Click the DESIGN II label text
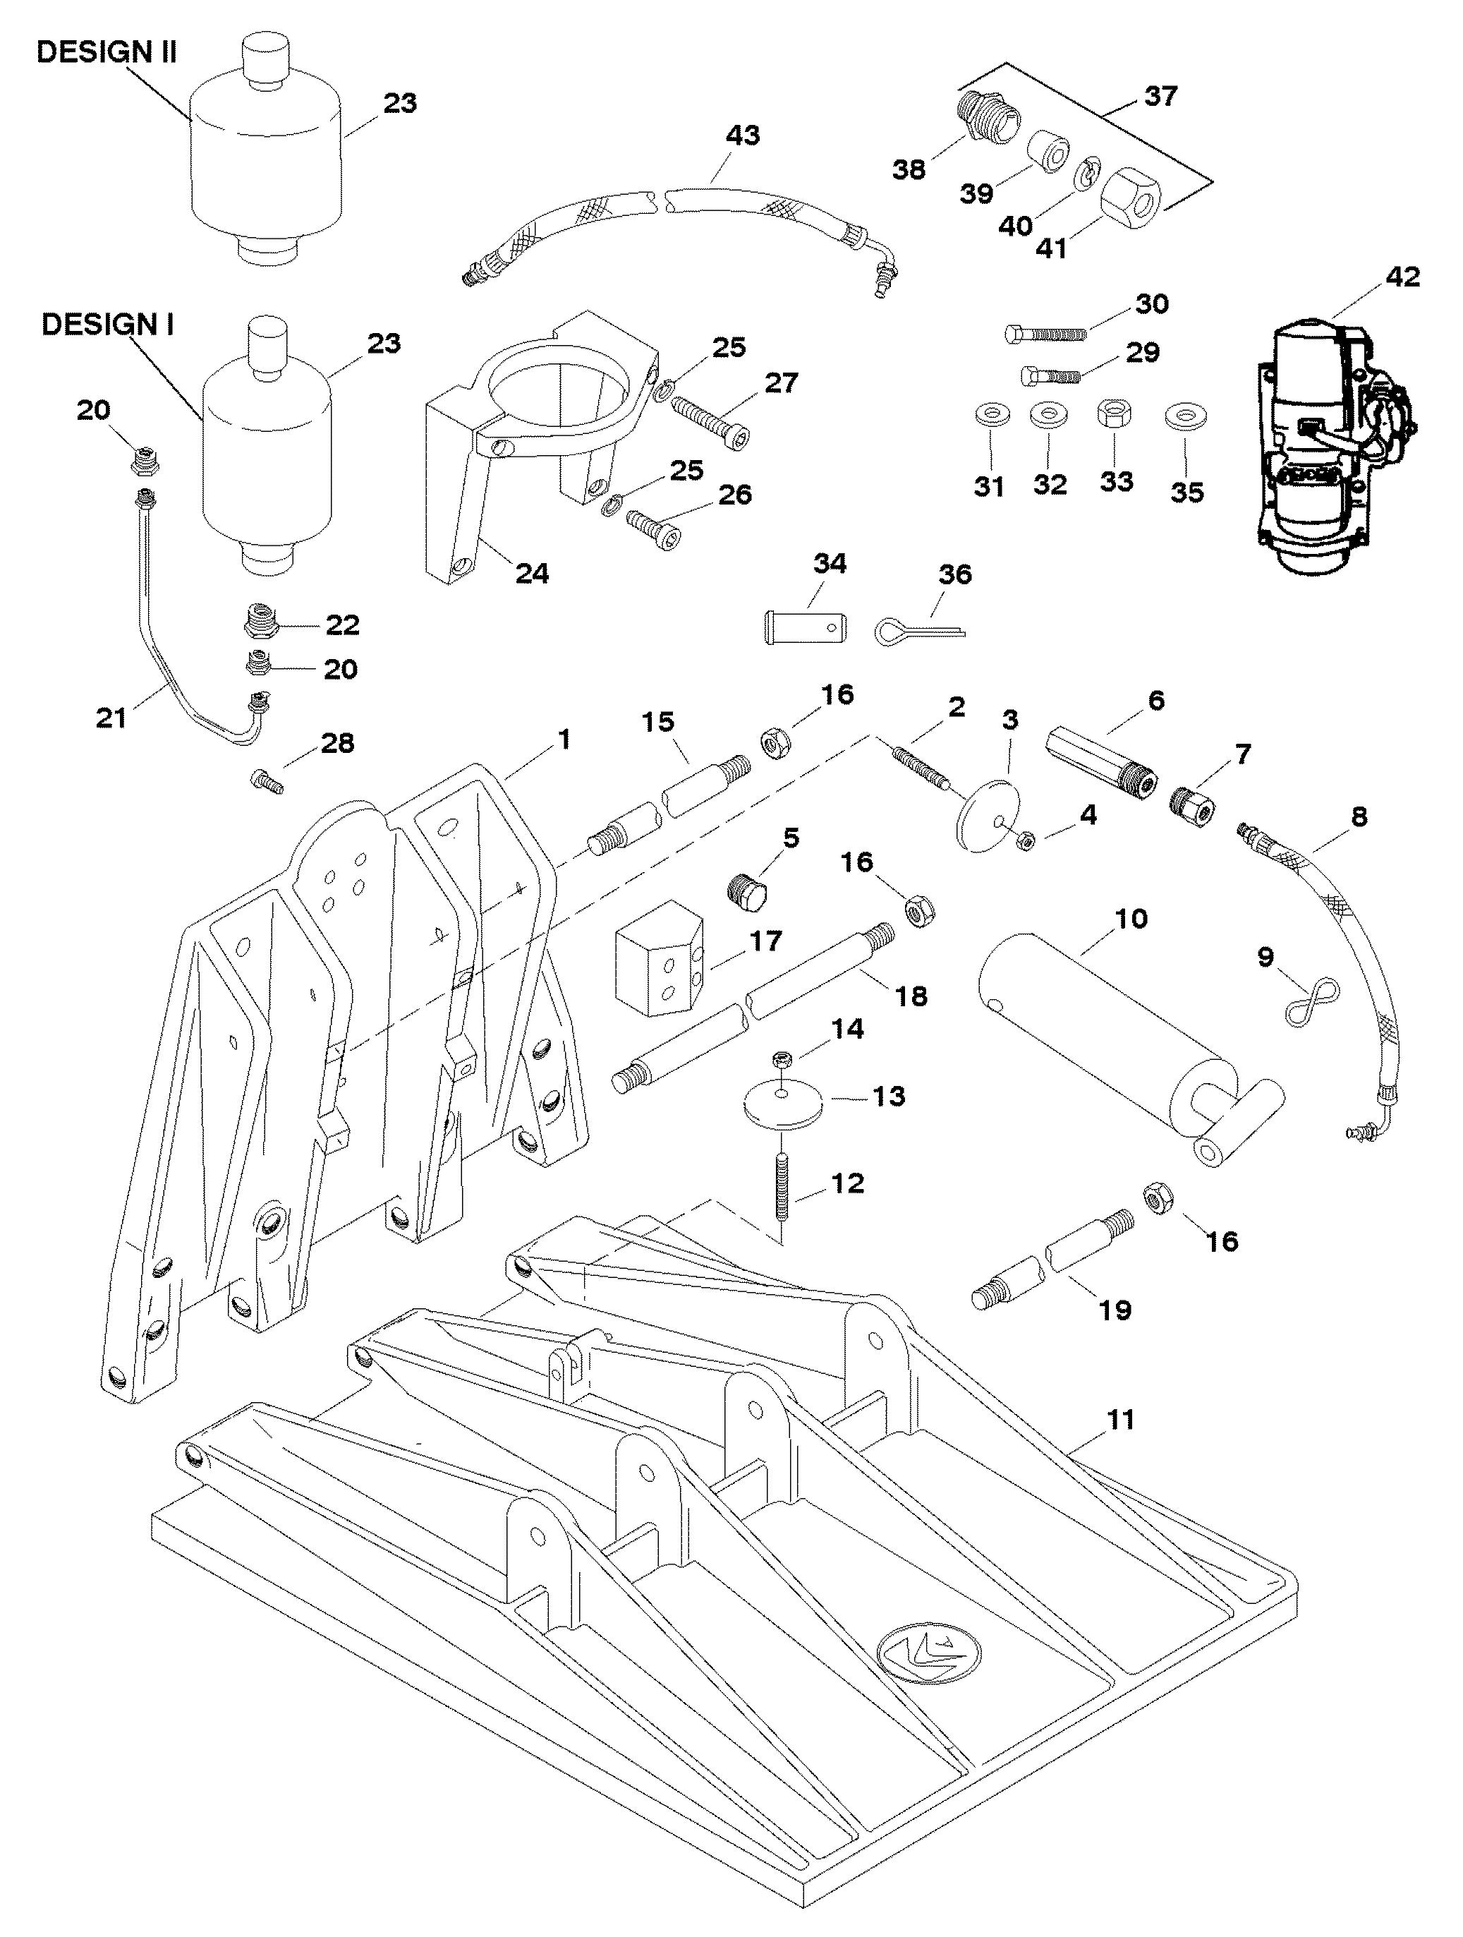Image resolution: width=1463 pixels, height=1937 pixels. pyautogui.click(x=106, y=52)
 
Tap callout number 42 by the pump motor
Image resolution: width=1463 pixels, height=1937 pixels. pyautogui.click(x=1402, y=277)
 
